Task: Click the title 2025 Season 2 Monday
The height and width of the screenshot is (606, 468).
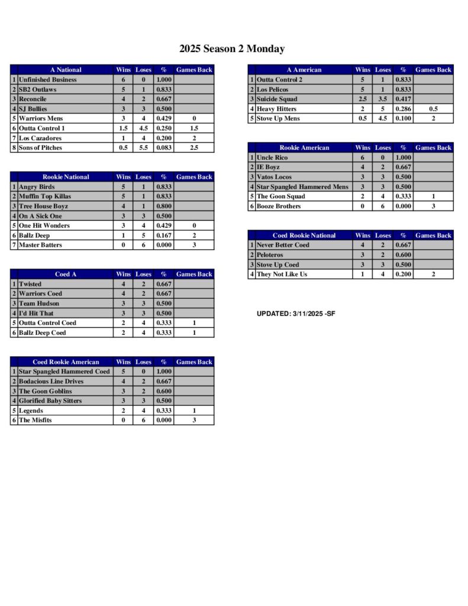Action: click(232, 49)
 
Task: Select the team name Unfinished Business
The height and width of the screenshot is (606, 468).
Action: click(47, 79)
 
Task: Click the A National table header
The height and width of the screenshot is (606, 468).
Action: click(66, 70)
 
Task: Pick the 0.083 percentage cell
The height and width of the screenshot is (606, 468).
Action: click(163, 147)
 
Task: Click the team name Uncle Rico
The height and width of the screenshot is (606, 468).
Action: click(272, 157)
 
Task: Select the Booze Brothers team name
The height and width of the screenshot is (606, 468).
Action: click(279, 206)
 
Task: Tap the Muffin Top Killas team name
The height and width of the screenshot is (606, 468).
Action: click(45, 196)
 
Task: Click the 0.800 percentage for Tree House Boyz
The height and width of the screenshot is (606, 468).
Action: click(163, 206)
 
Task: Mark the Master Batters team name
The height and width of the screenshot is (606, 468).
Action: click(40, 245)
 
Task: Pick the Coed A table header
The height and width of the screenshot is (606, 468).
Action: click(66, 274)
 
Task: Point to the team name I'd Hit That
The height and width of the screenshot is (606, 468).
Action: click(36, 313)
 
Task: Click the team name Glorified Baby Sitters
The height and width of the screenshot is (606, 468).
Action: click(50, 401)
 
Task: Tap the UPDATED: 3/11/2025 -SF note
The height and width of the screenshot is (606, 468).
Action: click(296, 314)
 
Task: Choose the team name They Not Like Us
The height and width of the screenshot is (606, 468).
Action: click(282, 274)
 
